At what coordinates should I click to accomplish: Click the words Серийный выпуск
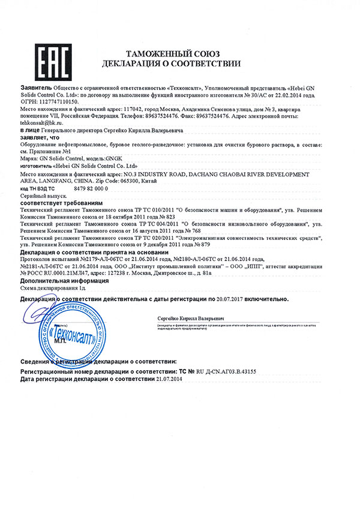41,196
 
